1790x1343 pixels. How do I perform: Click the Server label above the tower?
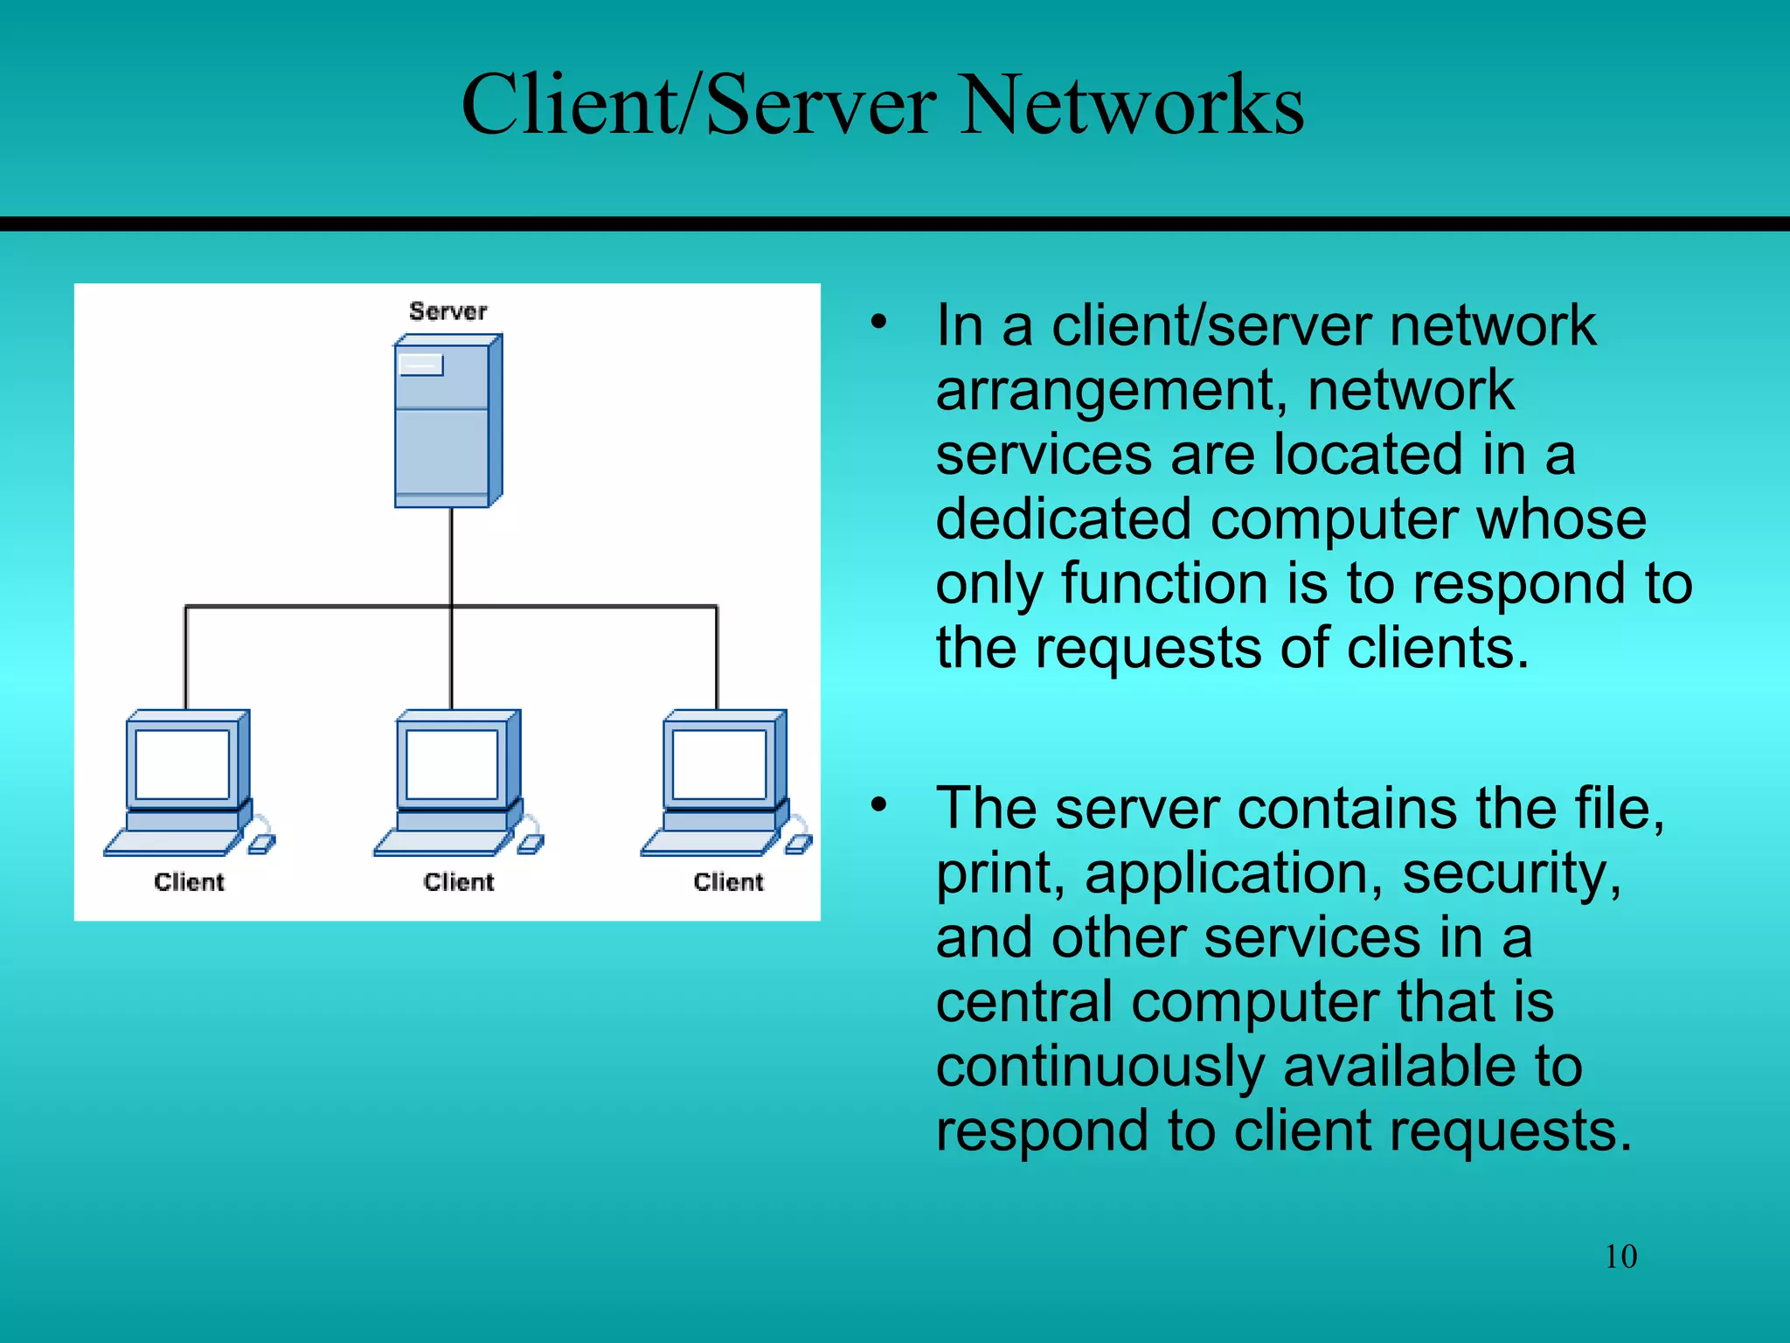(447, 311)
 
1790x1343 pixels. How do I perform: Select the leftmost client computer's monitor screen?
(183, 763)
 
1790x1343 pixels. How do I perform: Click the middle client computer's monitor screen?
(452, 763)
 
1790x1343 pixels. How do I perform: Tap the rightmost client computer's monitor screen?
(719, 763)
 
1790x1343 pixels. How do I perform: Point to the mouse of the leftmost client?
(261, 844)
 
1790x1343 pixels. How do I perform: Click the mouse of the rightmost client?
(798, 844)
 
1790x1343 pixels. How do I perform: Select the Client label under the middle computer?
(459, 882)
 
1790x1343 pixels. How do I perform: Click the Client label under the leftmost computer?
(189, 882)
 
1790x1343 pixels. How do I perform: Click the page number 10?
(1620, 1256)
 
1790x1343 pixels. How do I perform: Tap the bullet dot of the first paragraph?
(878, 322)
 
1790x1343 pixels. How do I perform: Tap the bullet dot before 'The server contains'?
(878, 804)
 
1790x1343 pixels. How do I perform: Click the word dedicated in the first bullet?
(1063, 519)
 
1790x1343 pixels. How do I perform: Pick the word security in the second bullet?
(1511, 873)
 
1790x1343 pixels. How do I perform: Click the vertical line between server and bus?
(452, 556)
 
